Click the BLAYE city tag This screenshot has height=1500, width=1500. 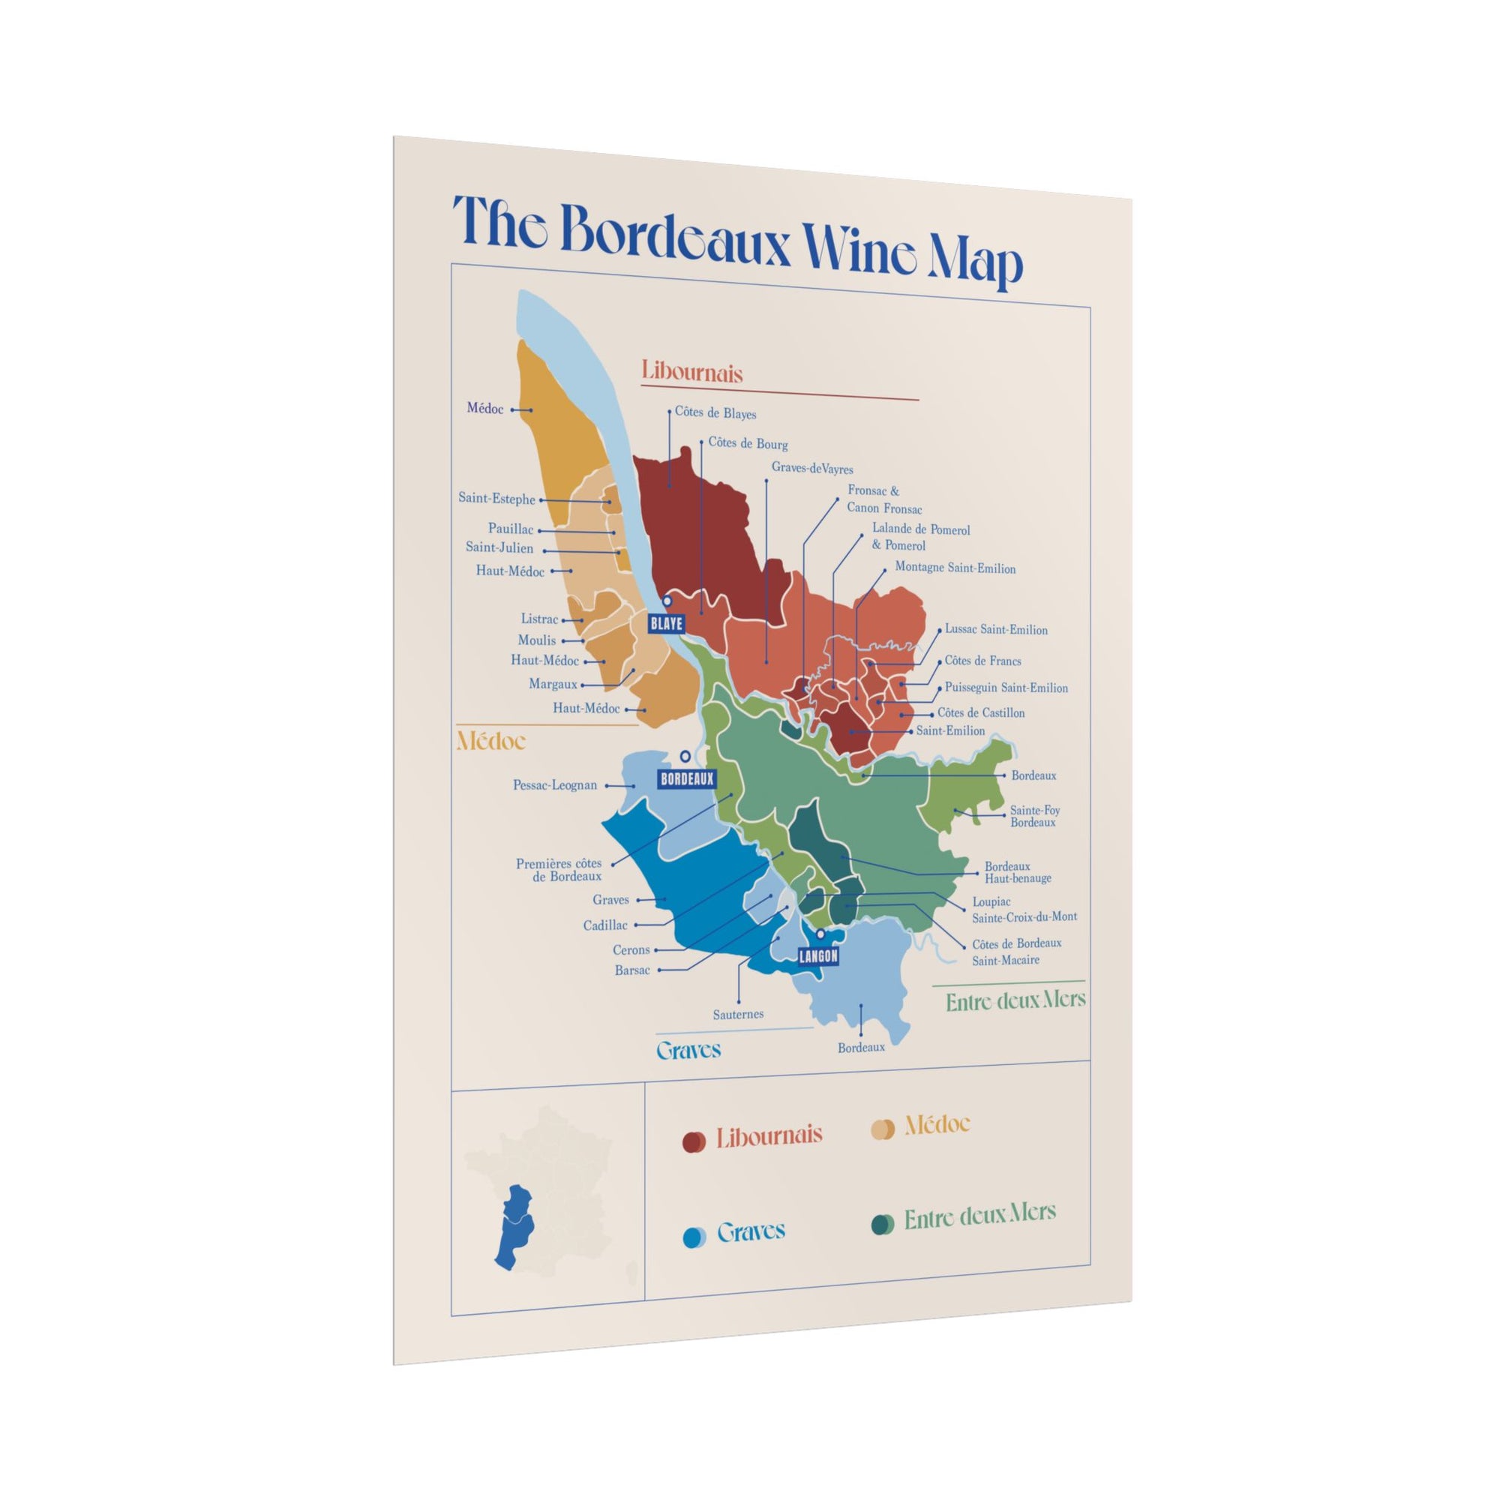coord(666,622)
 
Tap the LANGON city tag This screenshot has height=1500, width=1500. coord(818,955)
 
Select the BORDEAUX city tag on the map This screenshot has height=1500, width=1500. coord(685,778)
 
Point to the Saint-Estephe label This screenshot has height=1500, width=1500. coord(496,499)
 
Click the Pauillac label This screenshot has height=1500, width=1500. coord(510,529)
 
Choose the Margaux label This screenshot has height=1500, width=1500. coord(553,684)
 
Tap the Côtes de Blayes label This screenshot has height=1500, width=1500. coord(715,413)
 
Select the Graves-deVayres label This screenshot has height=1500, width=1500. coord(812,469)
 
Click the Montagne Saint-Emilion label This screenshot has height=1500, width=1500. coord(955,568)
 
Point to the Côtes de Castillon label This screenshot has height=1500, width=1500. coord(980,712)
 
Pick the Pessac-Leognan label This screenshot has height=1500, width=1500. coord(554,785)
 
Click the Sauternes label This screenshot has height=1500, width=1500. coord(737,1014)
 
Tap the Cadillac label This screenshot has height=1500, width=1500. coord(604,925)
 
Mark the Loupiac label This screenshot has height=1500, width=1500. coord(991,902)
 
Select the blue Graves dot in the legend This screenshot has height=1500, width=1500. coord(692,1237)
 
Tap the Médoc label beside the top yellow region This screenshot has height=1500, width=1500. coord(484,409)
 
